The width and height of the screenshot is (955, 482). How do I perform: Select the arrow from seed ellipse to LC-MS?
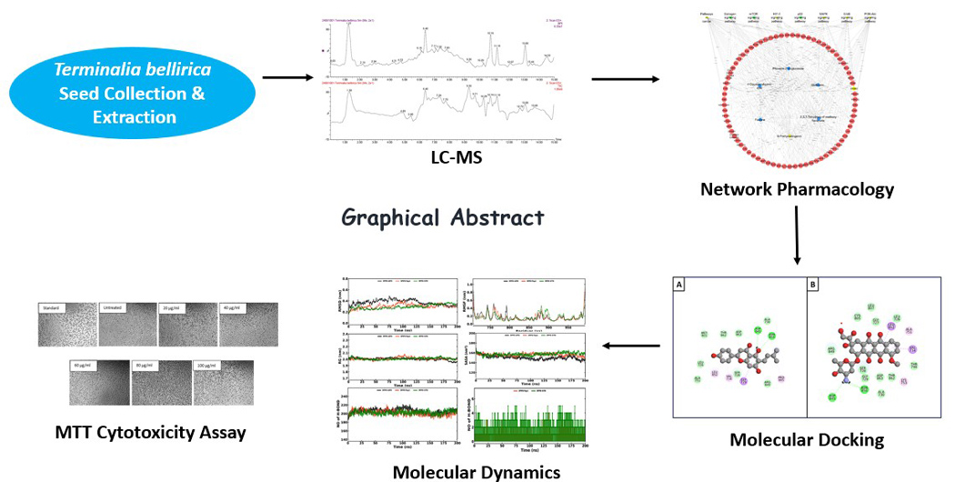[x=283, y=77]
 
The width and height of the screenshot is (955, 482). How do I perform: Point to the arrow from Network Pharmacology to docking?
[x=797, y=235]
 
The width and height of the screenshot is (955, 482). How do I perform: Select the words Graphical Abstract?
[x=443, y=216]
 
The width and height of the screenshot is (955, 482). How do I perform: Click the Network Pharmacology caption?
[x=797, y=189]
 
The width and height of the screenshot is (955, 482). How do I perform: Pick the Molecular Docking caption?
[x=807, y=440]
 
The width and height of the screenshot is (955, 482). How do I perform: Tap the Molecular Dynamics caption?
[x=476, y=471]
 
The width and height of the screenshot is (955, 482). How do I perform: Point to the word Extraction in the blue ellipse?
[x=134, y=116]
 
